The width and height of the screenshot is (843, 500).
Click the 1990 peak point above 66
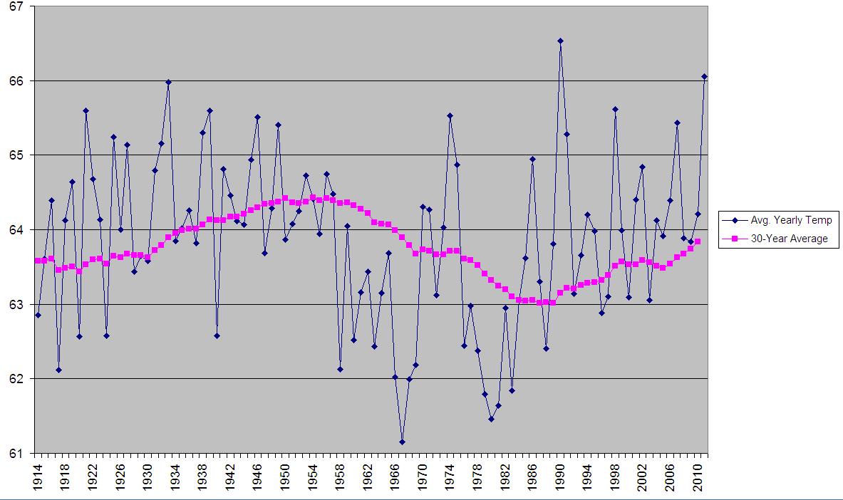pyautogui.click(x=560, y=41)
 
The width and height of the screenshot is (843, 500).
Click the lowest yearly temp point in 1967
pyautogui.click(x=402, y=442)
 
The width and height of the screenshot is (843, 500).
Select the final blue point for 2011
pyautogui.click(x=705, y=76)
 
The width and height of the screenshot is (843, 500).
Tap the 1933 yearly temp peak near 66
pyautogui.click(x=168, y=82)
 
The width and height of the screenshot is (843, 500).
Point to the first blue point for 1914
pyautogui.click(x=38, y=315)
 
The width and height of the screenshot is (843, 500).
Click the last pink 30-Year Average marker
pyautogui.click(x=698, y=241)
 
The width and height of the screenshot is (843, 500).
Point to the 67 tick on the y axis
pyautogui.click(x=16, y=6)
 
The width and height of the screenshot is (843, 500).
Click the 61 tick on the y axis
pyautogui.click(x=16, y=453)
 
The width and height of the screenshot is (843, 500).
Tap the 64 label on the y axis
pyautogui.click(x=16, y=230)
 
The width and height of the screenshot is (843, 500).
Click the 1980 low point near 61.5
pyautogui.click(x=491, y=419)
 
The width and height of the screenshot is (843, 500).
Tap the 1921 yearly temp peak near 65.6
pyautogui.click(x=86, y=110)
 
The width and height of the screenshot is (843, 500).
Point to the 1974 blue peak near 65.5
pyautogui.click(x=450, y=115)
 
